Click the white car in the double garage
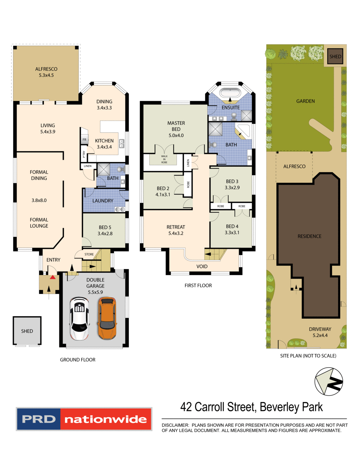point(79,319)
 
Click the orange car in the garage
point(107,318)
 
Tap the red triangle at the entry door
point(52,277)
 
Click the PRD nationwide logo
point(84,419)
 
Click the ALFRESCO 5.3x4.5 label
point(46,72)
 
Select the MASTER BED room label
point(176,129)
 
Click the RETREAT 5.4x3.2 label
point(176,230)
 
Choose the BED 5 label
point(105,230)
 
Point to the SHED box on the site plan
point(335,56)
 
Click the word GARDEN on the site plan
point(306,101)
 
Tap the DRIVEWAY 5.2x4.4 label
point(320,332)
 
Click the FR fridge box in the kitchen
point(84,140)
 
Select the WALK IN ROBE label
point(164,159)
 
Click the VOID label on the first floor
point(202,266)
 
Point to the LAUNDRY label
point(103,200)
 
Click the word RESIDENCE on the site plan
point(309,236)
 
